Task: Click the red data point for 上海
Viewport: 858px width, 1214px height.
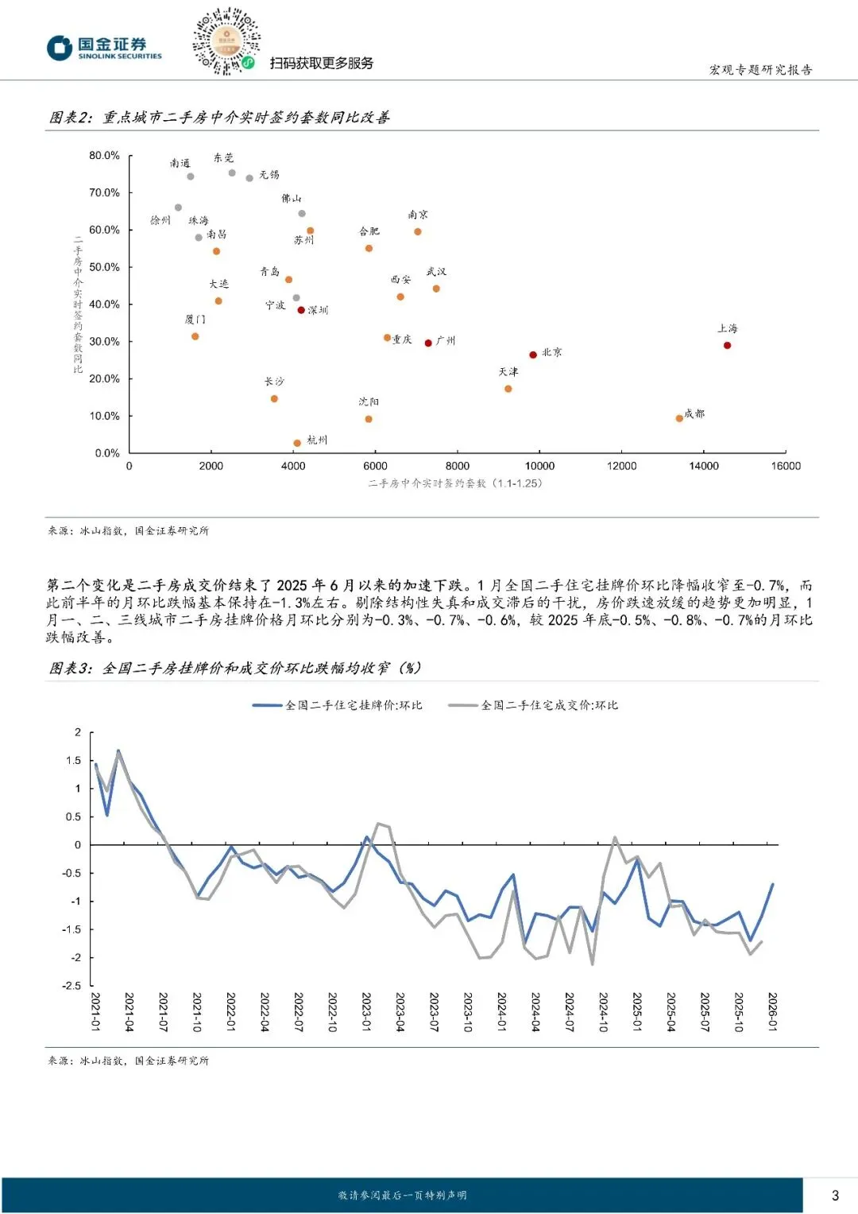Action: tap(727, 345)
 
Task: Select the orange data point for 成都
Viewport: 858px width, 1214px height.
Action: tap(679, 418)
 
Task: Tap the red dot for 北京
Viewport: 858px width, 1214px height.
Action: tap(533, 355)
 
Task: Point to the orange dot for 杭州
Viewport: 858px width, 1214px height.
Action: tap(297, 443)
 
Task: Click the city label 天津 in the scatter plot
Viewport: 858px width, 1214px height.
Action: tap(508, 372)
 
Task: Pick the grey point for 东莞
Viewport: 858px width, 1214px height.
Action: tap(232, 173)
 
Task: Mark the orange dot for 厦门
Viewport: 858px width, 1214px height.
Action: tap(195, 336)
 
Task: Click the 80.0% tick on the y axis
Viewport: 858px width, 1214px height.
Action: tap(104, 156)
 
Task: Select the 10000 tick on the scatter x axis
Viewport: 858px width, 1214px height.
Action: tap(539, 466)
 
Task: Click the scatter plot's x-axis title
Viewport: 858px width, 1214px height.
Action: tap(455, 483)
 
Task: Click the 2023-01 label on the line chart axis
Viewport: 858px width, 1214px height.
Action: tap(366, 1012)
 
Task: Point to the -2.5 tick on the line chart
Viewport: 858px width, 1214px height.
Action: tap(72, 986)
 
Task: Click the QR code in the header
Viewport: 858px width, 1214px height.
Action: tap(226, 41)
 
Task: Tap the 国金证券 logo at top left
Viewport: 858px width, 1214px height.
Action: tap(104, 48)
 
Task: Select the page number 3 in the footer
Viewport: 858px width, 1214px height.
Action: tap(835, 1195)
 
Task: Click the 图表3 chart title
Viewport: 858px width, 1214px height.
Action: tap(235, 669)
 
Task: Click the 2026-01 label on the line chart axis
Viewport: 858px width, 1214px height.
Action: tap(772, 1012)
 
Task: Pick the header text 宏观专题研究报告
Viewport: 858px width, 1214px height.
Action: tap(760, 70)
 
